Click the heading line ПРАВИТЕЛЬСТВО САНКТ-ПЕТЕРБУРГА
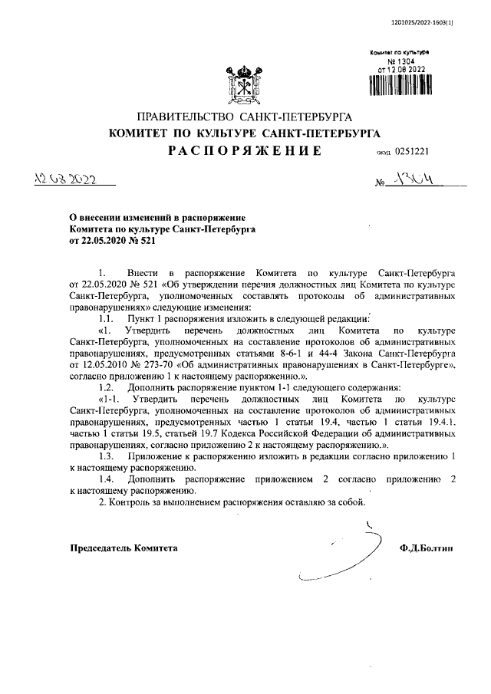(x=244, y=117)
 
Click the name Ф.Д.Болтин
(x=426, y=548)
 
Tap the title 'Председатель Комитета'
(x=124, y=548)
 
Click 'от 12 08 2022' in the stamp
(x=398, y=68)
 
